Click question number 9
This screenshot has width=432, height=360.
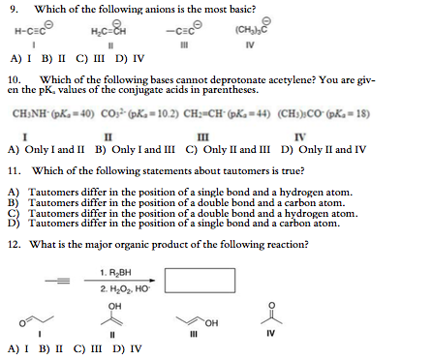coord(12,10)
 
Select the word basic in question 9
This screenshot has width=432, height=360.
coord(236,10)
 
